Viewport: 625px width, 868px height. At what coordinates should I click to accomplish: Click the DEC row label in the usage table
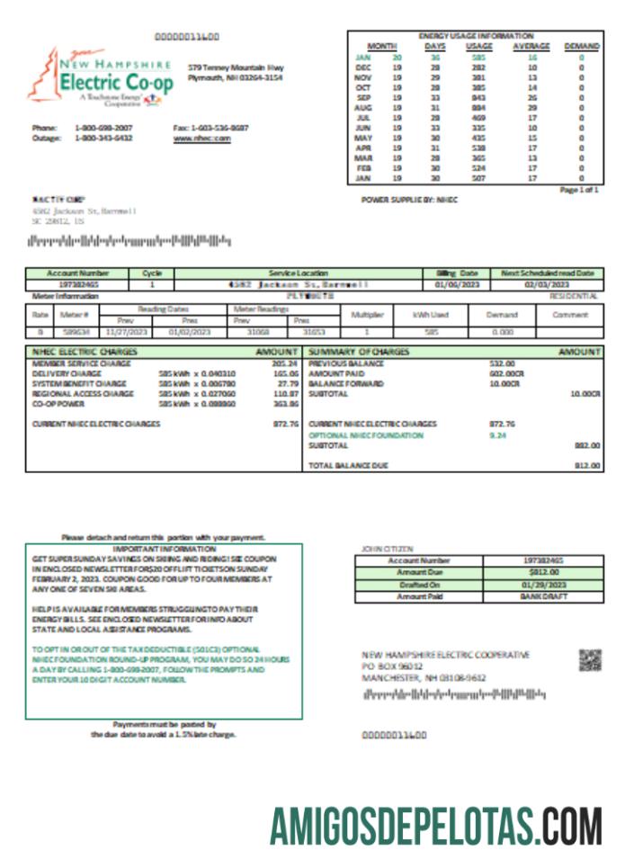pyautogui.click(x=363, y=67)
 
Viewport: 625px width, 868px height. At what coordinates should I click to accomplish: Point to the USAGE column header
pyautogui.click(x=478, y=46)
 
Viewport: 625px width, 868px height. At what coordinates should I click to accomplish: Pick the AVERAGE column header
pyautogui.click(x=531, y=46)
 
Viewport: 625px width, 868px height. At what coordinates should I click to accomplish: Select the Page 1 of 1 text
pyautogui.click(x=578, y=191)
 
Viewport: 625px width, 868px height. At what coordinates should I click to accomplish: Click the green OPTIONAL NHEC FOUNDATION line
pyautogui.click(x=365, y=435)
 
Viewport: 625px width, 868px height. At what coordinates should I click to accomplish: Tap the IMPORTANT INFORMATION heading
pyautogui.click(x=165, y=548)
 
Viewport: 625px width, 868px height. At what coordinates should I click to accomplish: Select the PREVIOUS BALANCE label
pyautogui.click(x=346, y=362)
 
